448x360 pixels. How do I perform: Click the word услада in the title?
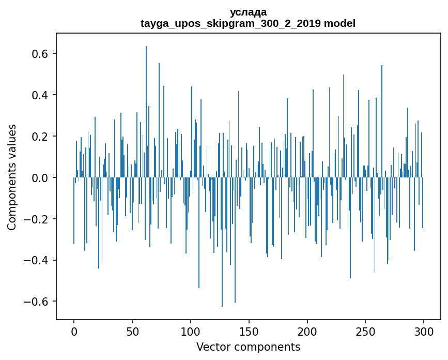[x=248, y=12]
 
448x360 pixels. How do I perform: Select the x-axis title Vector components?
[x=248, y=347]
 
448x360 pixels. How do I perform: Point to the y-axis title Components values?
[x=12, y=177]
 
